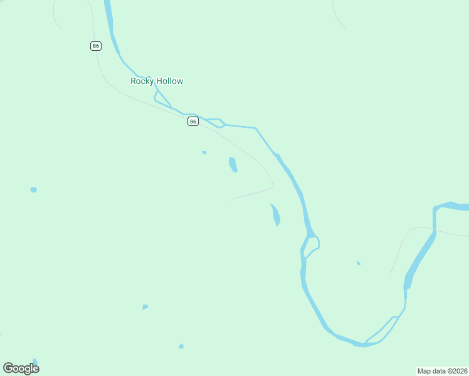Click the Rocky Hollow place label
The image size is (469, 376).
[157, 81]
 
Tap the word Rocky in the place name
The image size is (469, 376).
[142, 81]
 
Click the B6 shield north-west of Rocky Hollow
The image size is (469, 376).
[95, 46]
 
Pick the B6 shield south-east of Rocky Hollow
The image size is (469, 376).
[193, 121]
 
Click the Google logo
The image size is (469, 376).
[21, 368]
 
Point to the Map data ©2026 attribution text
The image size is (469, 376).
[443, 371]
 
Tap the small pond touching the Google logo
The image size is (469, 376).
[35, 362]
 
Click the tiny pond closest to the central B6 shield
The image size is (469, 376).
[204, 152]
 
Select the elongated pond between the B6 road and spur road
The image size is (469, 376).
[233, 165]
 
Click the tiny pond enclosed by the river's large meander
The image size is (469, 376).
[359, 263]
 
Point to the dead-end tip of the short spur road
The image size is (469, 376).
[232, 201]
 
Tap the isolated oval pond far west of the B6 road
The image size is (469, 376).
[33, 190]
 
